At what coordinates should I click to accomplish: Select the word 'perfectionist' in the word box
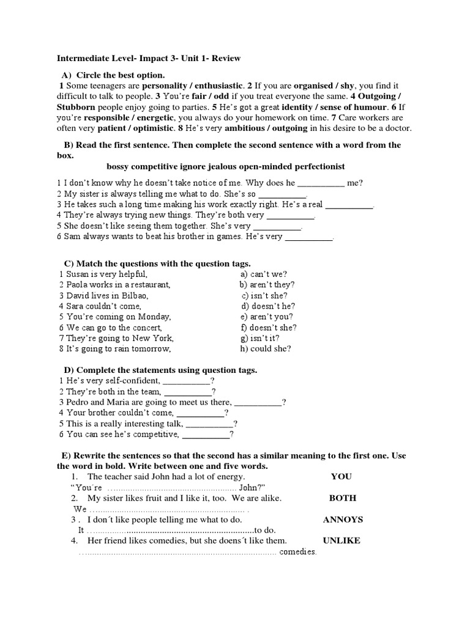click(316, 166)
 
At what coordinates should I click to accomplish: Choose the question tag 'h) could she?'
click(266, 349)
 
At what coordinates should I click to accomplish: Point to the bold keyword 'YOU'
click(341, 477)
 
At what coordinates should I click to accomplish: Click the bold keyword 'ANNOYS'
click(343, 520)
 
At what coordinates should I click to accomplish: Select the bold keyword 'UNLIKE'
click(341, 540)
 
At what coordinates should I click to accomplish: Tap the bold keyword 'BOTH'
click(343, 498)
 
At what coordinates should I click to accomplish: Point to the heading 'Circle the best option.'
click(121, 75)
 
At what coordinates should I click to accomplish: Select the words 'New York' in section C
click(155, 338)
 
